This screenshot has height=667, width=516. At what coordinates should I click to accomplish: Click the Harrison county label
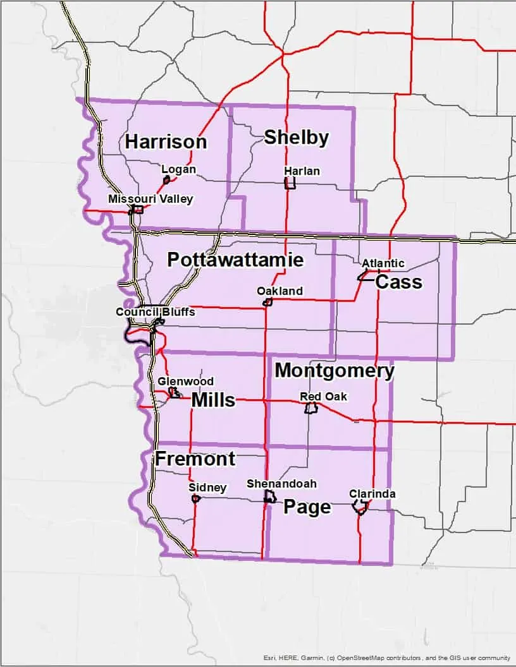(166, 141)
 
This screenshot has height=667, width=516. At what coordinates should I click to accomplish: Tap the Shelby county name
(296, 137)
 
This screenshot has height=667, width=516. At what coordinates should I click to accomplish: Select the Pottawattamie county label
(235, 260)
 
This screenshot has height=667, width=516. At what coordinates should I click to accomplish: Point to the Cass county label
(398, 282)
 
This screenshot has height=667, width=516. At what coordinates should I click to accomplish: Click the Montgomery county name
(335, 371)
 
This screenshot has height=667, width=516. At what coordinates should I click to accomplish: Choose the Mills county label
(213, 400)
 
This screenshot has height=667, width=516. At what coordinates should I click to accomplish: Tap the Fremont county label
(195, 459)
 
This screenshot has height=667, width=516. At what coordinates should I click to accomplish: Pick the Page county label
(307, 507)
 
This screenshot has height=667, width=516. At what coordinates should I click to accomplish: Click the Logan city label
(178, 169)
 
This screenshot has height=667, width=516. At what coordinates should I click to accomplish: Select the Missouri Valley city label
(150, 198)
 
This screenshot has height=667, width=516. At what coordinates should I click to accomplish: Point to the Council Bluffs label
(155, 312)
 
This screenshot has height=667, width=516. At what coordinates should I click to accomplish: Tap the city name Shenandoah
(281, 483)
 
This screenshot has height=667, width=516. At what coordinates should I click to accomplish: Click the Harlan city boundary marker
(290, 183)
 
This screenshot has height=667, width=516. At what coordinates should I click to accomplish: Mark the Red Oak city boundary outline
(310, 408)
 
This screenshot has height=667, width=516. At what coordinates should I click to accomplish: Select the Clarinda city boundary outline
(360, 507)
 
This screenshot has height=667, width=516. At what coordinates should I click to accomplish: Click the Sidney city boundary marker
(195, 498)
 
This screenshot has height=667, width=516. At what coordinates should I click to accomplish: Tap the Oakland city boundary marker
(267, 302)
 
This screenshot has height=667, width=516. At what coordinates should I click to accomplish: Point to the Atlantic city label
(383, 263)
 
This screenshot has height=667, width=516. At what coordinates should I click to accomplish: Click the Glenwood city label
(185, 382)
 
